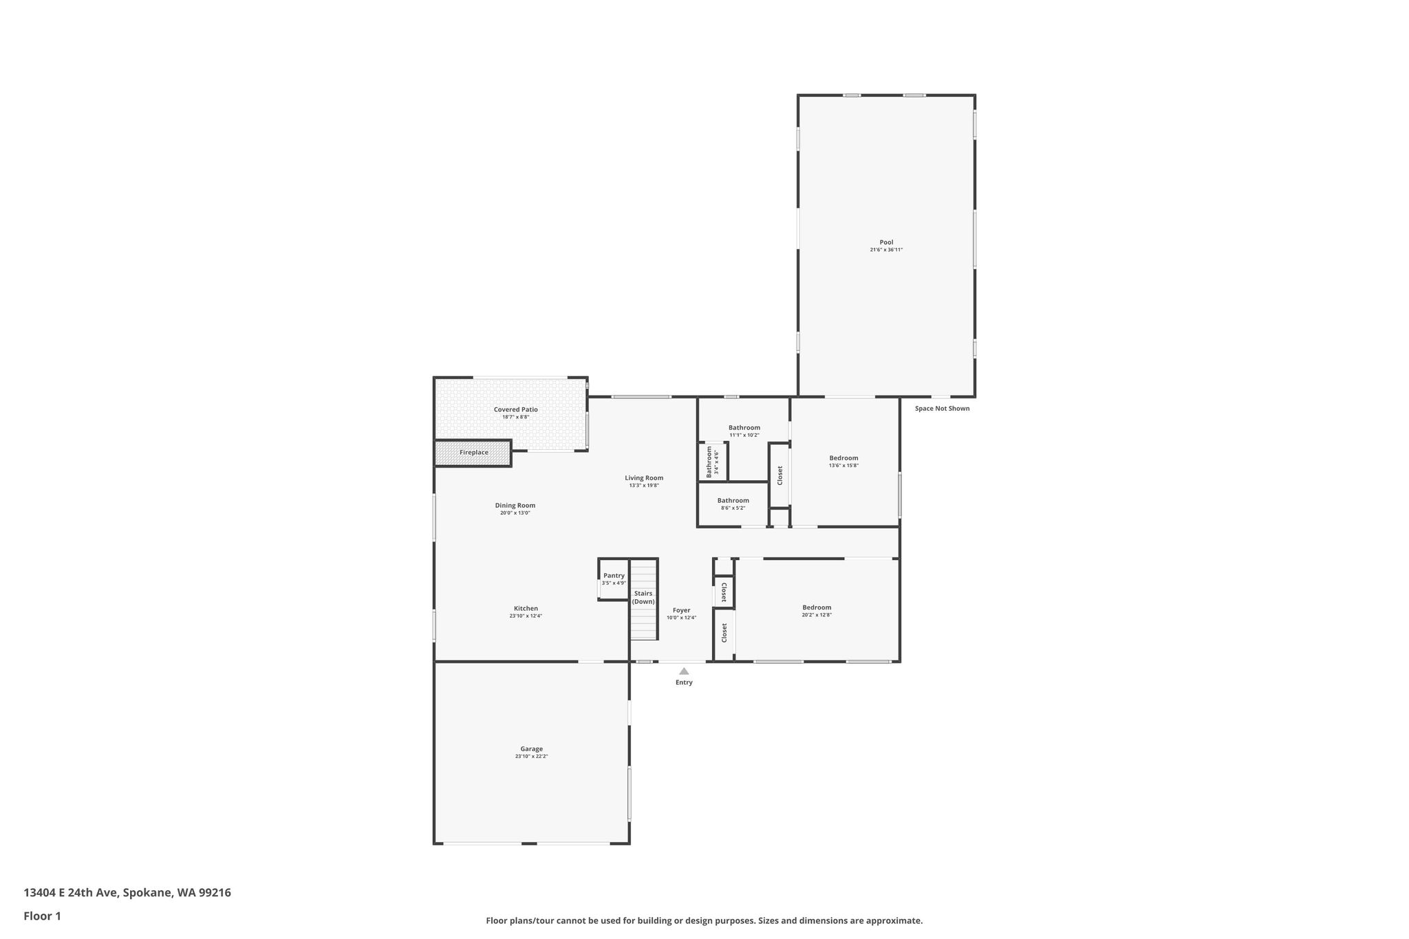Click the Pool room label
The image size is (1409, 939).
tap(886, 242)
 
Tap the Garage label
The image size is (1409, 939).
tap(531, 748)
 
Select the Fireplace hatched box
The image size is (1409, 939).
tap(473, 453)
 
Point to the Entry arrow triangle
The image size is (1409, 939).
tap(684, 671)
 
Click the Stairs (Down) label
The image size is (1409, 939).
tap(643, 597)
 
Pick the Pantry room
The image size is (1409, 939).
tap(613, 579)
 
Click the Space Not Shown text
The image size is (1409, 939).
tap(942, 409)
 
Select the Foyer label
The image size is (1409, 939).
tap(681, 610)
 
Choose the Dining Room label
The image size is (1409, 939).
tap(515, 506)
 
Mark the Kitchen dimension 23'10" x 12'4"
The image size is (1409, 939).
tap(526, 616)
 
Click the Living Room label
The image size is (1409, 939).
tap(644, 478)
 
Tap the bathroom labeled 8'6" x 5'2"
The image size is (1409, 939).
tap(733, 504)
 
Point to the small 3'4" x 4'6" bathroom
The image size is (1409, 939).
tap(713, 462)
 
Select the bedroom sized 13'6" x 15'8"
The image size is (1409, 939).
tap(844, 462)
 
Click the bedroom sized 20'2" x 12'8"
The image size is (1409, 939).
tap(817, 610)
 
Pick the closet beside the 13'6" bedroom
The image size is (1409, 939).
tap(779, 475)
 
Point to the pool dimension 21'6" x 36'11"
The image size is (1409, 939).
tap(886, 250)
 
